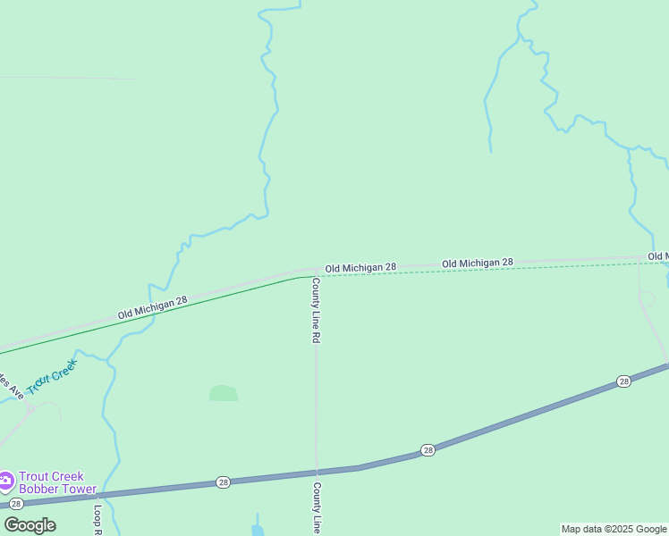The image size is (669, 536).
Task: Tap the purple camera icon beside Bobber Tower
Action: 6,482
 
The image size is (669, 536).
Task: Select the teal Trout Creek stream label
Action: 52,376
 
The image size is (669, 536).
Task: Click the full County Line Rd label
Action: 316,311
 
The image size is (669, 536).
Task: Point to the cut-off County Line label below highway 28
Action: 317,509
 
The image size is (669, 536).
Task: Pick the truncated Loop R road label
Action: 98,520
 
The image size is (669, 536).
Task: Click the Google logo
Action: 30,525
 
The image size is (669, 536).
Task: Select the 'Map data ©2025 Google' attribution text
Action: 614,529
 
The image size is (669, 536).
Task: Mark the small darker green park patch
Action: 224,393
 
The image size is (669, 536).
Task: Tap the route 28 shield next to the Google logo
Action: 16,505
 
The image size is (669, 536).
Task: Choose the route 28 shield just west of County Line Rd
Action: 223,482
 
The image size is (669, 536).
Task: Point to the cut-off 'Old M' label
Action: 657,256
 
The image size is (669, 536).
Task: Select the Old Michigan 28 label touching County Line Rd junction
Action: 360,268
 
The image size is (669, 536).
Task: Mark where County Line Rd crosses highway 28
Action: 317,470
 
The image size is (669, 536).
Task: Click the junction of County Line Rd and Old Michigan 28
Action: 315,271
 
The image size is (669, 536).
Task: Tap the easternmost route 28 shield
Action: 623,381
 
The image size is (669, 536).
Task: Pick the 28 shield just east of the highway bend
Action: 428,450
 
